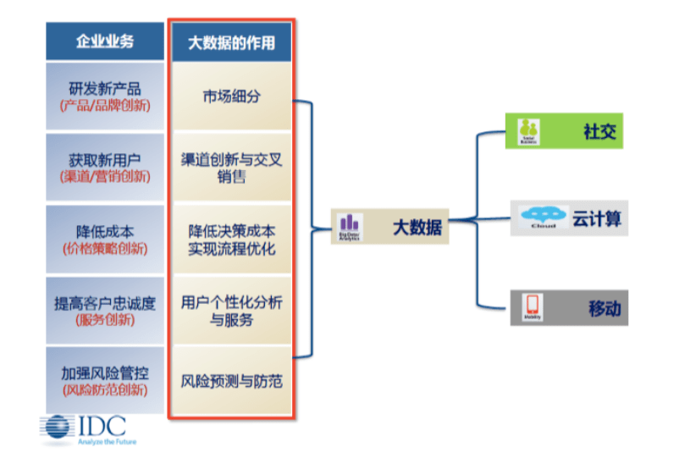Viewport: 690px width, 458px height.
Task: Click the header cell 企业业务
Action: (x=104, y=41)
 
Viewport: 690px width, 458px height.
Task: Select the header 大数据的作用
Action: (x=231, y=41)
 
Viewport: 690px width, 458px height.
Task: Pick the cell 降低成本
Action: (x=104, y=239)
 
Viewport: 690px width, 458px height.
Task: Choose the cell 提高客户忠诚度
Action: (x=104, y=310)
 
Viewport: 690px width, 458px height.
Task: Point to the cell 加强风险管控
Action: (x=104, y=381)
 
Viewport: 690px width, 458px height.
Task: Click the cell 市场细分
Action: (x=231, y=96)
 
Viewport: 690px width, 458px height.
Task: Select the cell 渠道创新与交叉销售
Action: (x=231, y=168)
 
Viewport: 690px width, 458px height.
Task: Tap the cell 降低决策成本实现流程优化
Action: (x=231, y=240)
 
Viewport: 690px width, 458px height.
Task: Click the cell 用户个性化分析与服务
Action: (x=231, y=311)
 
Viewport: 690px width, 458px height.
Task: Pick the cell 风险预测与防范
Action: (x=231, y=381)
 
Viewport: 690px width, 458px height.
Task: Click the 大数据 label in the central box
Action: (x=417, y=228)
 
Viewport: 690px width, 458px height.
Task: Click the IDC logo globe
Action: (x=58, y=428)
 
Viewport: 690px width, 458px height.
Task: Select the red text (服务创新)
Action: (x=104, y=320)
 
